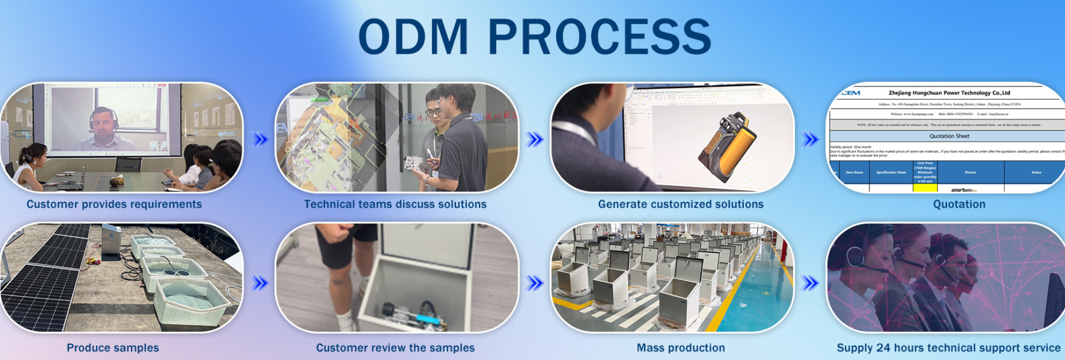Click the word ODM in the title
point(413,37)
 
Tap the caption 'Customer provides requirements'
point(114,204)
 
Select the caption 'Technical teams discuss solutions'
point(395,204)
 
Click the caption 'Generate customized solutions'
point(681,204)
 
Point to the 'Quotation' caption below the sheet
point(959,204)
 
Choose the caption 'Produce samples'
point(113,348)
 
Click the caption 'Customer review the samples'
point(395,348)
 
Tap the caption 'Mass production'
point(681,348)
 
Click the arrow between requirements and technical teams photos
point(259,139)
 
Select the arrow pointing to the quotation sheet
point(810,139)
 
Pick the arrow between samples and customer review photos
point(259,283)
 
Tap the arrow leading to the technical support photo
point(810,283)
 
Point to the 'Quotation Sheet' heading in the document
point(949,136)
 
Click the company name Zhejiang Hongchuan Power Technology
point(949,93)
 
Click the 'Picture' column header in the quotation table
point(970,173)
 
